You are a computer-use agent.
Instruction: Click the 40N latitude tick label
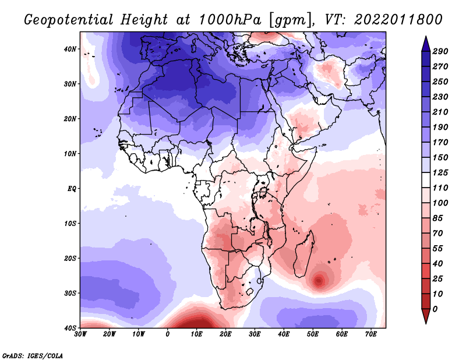pos(70,49)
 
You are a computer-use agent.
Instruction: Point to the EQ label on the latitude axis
pos(72,189)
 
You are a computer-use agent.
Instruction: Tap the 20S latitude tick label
pos(70,258)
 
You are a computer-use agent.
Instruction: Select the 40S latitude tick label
pos(70,328)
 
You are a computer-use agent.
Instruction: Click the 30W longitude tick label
pos(80,334)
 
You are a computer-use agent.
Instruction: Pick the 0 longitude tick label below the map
pos(168,334)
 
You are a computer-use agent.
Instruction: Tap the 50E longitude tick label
pos(313,334)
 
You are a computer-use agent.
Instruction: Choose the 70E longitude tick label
pos(371,334)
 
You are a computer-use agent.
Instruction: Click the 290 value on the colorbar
pos(440,51)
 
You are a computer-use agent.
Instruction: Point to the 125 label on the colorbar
pos(440,172)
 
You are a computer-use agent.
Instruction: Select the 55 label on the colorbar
pos(438,249)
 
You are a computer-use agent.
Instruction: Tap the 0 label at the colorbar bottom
pos(435,309)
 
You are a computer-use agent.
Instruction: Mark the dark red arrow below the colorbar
pos(426,316)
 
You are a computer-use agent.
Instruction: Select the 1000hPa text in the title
pos(230,20)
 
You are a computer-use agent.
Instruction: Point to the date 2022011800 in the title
pos(398,20)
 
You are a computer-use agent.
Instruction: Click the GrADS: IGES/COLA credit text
pos(33,356)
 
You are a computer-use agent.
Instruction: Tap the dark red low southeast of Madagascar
pos(319,280)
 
